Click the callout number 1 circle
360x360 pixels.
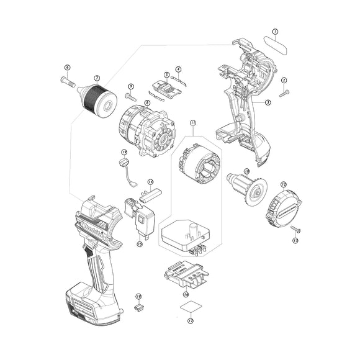click(x=275, y=30)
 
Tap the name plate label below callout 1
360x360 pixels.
click(x=276, y=45)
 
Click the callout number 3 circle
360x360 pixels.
click(x=268, y=102)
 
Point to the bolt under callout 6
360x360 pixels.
click(x=68, y=79)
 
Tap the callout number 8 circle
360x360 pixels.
click(x=147, y=102)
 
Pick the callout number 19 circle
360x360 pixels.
click(x=124, y=152)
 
